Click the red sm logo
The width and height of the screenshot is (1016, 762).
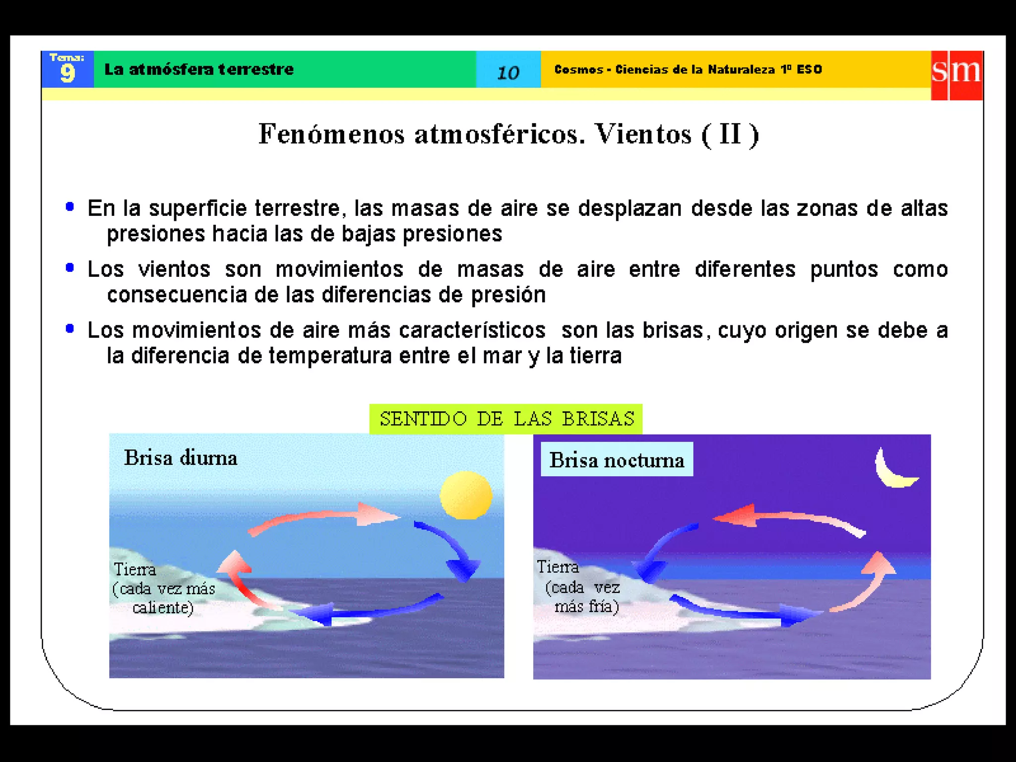click(x=956, y=75)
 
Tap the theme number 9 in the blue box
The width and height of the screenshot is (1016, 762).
click(x=67, y=73)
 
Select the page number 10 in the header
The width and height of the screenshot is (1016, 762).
click(x=508, y=73)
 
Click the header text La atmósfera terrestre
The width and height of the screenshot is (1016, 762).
click(x=199, y=69)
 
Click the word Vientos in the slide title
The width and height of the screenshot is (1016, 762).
click(x=643, y=134)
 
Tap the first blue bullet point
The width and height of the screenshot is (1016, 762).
click(x=70, y=207)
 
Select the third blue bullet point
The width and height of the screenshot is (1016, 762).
click(x=70, y=328)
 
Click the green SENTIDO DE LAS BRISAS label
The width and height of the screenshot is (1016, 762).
click(x=506, y=419)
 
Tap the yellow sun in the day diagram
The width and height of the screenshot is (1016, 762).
click(x=466, y=495)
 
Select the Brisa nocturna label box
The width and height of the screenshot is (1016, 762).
click(x=616, y=460)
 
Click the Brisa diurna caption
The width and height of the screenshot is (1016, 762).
click(x=181, y=458)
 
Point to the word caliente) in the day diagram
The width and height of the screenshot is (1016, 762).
click(x=163, y=608)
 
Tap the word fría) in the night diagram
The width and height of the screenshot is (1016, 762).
click(x=601, y=607)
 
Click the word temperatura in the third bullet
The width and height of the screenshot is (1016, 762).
click(x=330, y=356)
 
